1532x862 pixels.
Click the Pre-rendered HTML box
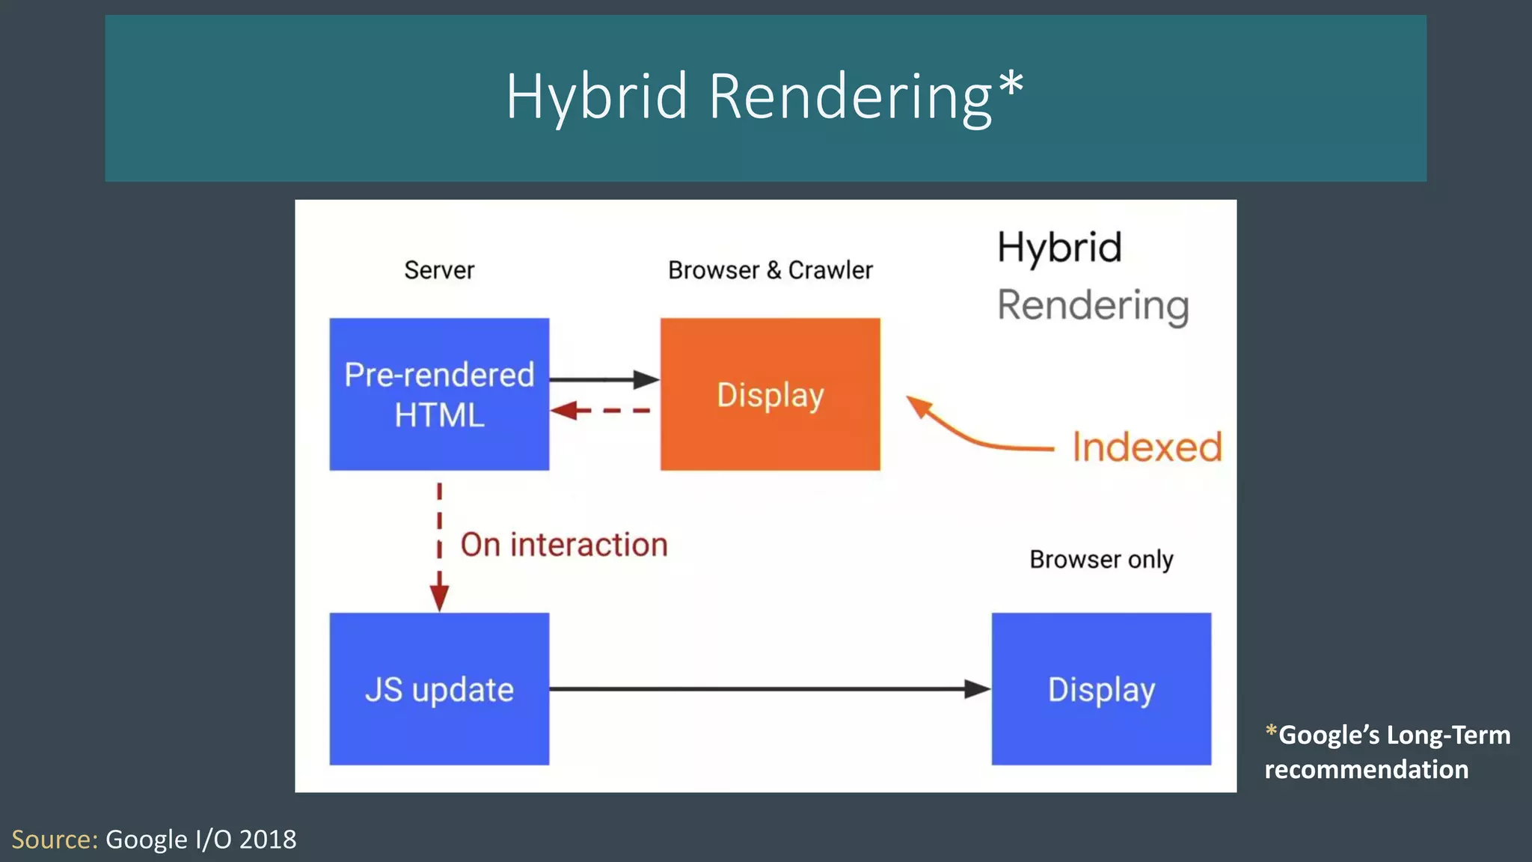pyautogui.click(x=439, y=394)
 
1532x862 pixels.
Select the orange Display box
pyautogui.click(x=770, y=394)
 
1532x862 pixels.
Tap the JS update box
pyautogui.click(x=439, y=688)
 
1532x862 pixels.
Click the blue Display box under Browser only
pyautogui.click(x=1101, y=688)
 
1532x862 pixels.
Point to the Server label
pyautogui.click(x=439, y=270)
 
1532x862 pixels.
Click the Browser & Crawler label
pyautogui.click(x=770, y=270)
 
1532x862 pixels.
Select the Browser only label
pyautogui.click(x=1101, y=559)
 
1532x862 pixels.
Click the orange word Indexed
pyautogui.click(x=1147, y=447)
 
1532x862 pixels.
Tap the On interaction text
pyautogui.click(x=563, y=545)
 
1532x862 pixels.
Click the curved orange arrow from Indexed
pyautogui.click(x=972, y=438)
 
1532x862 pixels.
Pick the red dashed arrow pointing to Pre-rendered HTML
pyautogui.click(x=601, y=410)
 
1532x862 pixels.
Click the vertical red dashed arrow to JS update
pyautogui.click(x=439, y=546)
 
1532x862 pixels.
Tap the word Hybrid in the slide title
pyautogui.click(x=596, y=97)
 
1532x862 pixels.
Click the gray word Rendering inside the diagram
pyautogui.click(x=1093, y=306)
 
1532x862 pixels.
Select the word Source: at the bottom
pyautogui.click(x=55, y=840)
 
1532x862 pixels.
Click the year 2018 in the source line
pyautogui.click(x=268, y=840)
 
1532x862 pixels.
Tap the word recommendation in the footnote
pyautogui.click(x=1366, y=769)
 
